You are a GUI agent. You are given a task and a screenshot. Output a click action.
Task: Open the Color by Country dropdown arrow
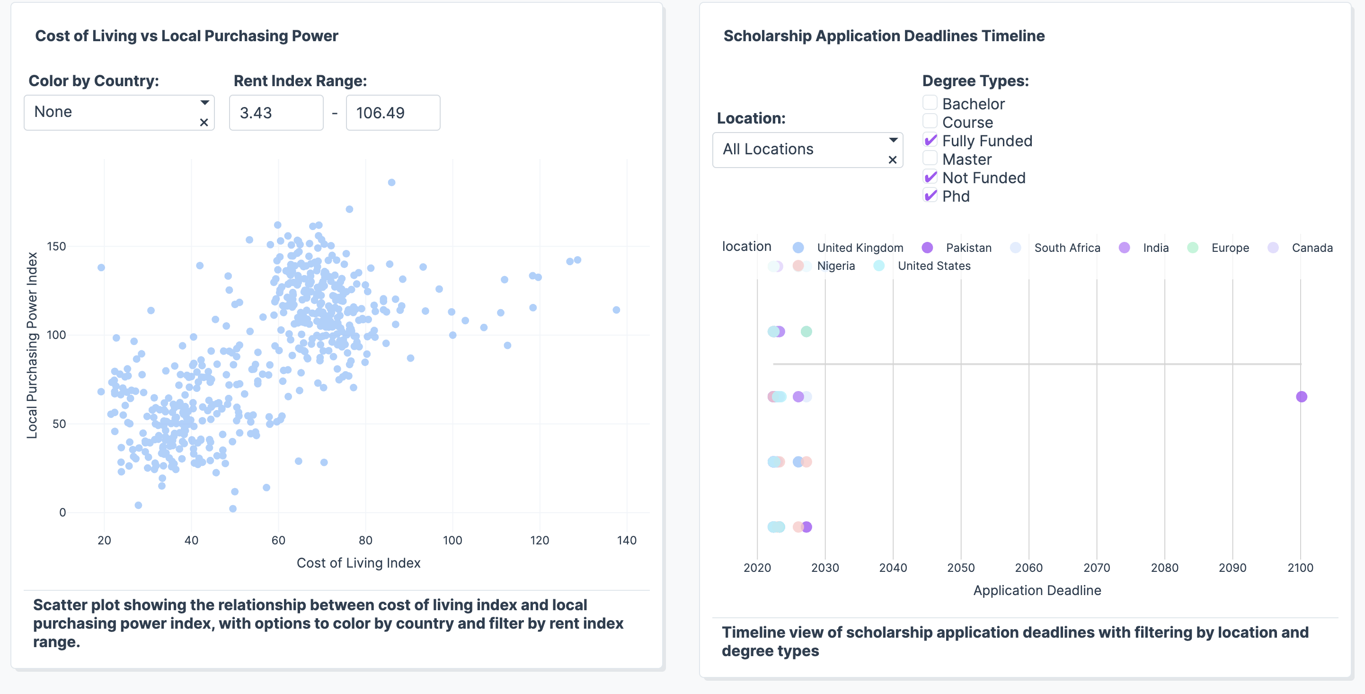point(204,103)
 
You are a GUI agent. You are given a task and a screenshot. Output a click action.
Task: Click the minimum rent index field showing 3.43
point(275,113)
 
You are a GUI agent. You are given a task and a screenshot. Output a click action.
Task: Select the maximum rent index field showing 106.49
point(393,113)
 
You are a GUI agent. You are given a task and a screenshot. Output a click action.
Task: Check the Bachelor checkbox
point(930,103)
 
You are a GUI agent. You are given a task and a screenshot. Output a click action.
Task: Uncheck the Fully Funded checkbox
point(930,140)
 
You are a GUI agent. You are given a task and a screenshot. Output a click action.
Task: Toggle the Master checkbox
point(930,159)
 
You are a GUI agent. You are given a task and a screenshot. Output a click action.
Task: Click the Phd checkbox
point(930,196)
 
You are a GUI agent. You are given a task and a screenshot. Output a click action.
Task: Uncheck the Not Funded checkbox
point(930,177)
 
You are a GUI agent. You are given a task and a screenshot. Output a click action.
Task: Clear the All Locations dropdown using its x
point(892,160)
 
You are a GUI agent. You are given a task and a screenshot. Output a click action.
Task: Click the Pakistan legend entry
point(968,248)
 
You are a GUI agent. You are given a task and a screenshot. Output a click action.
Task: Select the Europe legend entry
point(1229,248)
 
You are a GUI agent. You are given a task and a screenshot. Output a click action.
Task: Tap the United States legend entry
point(934,266)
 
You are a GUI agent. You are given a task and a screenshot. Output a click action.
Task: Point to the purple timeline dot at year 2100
point(1302,397)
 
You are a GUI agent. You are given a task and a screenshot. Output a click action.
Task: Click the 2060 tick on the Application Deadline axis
point(1028,568)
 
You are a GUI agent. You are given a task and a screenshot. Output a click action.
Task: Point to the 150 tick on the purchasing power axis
point(57,247)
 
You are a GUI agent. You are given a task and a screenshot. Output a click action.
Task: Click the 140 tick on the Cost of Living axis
point(626,540)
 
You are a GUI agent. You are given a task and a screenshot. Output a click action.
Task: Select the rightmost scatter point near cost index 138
point(616,310)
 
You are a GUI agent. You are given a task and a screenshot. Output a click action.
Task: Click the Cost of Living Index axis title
point(358,563)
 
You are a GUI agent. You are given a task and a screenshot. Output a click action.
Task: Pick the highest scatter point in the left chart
point(391,182)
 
